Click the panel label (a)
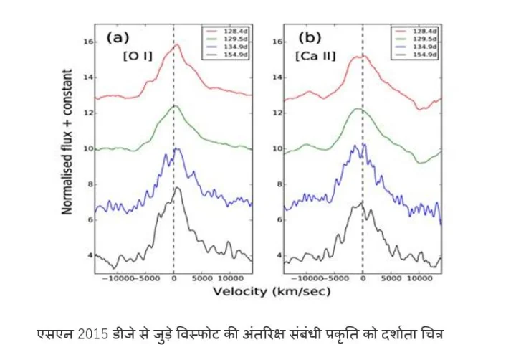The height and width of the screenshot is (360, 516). tap(118, 39)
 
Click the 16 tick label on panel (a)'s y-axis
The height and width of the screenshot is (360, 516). tap(88, 42)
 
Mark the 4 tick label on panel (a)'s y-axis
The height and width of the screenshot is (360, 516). tap(90, 255)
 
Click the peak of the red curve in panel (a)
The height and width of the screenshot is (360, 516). tap(176, 45)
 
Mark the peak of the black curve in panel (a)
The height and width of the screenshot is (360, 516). tap(178, 189)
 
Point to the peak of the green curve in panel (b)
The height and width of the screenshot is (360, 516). tap(358, 109)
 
